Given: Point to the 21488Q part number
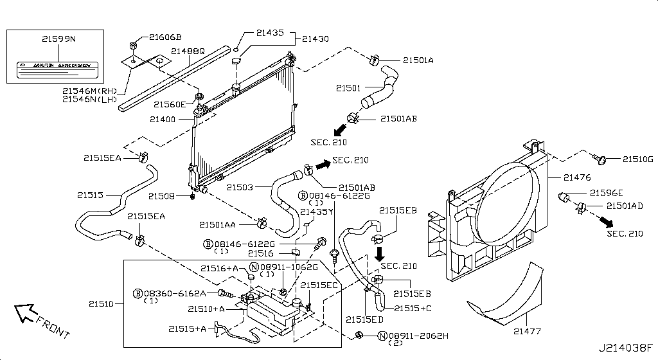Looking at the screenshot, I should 188,51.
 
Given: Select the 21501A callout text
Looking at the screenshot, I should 418,60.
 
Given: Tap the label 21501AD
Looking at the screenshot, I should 625,206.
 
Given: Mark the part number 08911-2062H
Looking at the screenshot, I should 418,336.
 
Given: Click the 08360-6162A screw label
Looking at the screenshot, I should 174,293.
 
